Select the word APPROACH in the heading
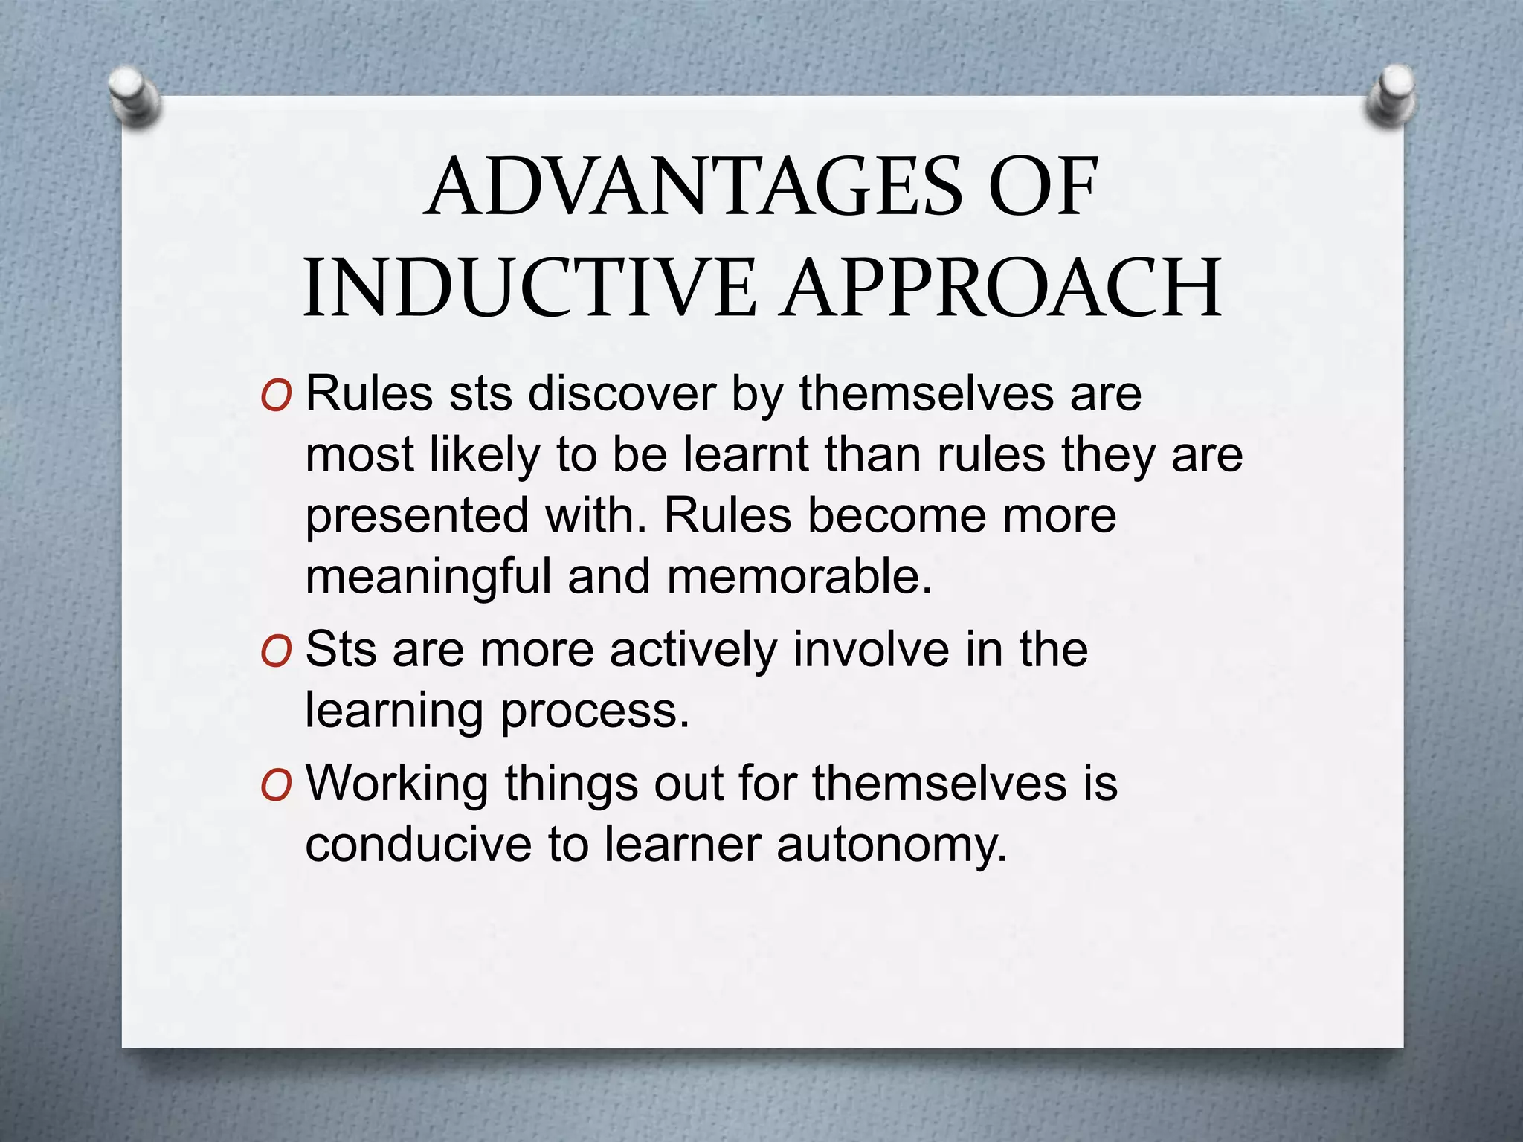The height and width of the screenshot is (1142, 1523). point(1002,288)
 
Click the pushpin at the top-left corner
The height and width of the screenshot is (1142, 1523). point(132,95)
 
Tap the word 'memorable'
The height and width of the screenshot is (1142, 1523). point(799,576)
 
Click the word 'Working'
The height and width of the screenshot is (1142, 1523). point(397,784)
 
